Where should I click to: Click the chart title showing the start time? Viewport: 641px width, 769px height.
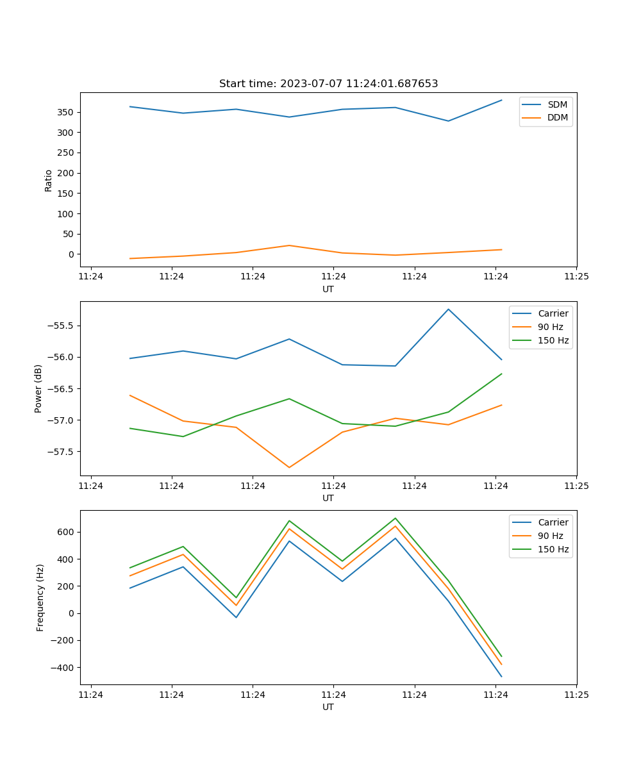pos(328,84)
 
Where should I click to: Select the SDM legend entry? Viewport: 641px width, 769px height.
pos(557,104)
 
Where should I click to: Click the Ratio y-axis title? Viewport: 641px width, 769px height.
pos(49,180)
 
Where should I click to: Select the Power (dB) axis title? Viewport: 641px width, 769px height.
pos(38,388)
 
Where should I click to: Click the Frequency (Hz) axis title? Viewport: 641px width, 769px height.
pos(40,597)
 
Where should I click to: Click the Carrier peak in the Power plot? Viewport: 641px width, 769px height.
pos(448,310)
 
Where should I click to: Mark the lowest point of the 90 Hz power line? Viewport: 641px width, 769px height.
pos(289,467)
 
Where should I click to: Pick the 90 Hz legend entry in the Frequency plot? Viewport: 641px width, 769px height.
pos(551,536)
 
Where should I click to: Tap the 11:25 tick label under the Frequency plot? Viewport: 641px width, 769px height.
pos(576,695)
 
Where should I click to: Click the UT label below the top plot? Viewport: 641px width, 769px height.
pos(328,289)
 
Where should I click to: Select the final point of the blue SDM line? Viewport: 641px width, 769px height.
pos(501,100)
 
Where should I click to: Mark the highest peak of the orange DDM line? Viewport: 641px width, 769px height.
pos(289,245)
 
